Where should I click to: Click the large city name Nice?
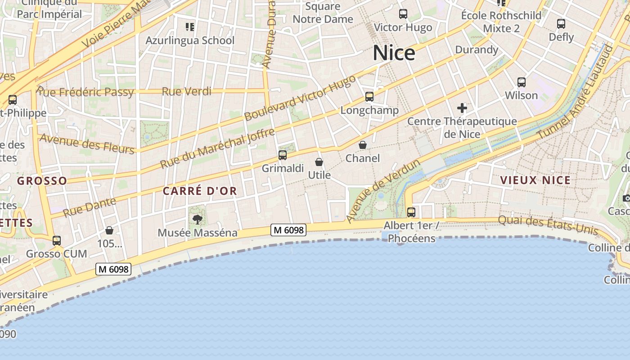click(394, 53)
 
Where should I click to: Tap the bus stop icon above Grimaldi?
click(283, 155)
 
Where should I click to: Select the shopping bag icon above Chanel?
click(362, 145)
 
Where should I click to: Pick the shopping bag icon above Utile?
click(319, 162)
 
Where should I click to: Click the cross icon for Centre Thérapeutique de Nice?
click(462, 108)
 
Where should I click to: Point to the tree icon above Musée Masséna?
click(197, 220)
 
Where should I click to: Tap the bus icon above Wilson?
click(522, 82)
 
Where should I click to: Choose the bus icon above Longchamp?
click(369, 97)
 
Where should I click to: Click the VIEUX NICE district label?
click(535, 180)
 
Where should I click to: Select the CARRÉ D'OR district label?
click(200, 191)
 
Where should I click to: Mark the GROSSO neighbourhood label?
click(42, 181)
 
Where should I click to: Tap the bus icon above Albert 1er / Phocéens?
click(411, 212)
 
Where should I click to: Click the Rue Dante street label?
click(90, 207)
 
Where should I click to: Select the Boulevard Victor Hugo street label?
click(300, 98)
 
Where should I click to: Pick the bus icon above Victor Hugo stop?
click(403, 14)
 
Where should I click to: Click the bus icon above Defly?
click(561, 24)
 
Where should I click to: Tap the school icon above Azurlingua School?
click(190, 27)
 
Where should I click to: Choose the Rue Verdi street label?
click(186, 91)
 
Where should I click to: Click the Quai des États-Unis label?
click(548, 225)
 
